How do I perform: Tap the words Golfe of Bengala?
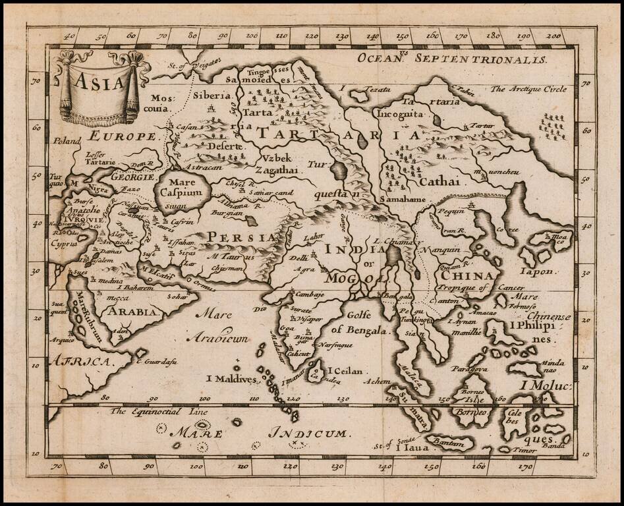(x=357, y=323)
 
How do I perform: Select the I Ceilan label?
(x=343, y=372)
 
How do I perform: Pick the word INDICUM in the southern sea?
(x=308, y=433)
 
